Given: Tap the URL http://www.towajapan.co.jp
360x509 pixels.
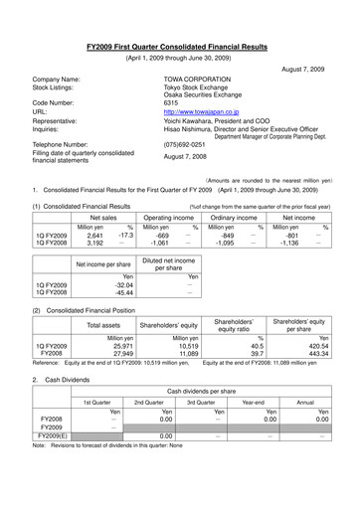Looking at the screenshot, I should (200, 114).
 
